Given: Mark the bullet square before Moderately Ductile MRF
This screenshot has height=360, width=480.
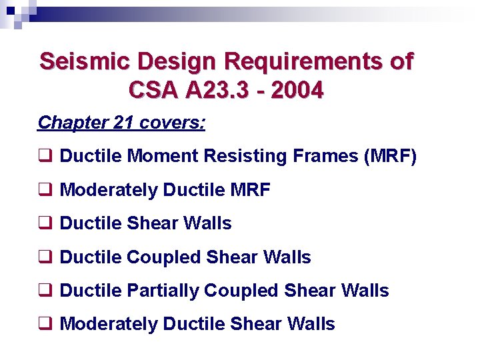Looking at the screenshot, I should [x=45, y=191].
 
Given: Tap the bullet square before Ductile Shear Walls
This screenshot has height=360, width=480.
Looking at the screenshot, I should [x=45, y=224].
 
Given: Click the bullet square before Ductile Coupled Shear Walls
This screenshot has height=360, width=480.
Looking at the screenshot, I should [x=45, y=257].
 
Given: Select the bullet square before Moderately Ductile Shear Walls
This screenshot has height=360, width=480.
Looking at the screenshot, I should [x=45, y=325].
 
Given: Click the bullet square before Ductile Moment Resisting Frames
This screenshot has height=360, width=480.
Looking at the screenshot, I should [x=45, y=157].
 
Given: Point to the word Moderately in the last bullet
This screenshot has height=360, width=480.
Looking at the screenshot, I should [x=109, y=325].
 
